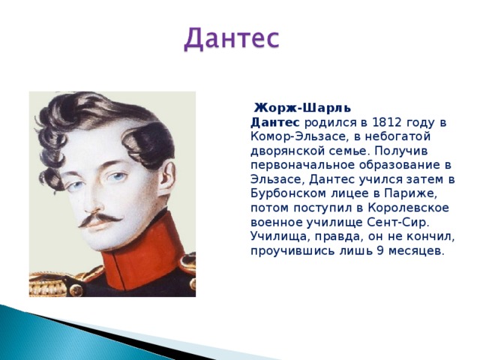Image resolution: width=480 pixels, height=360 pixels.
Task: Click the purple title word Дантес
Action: pos(232,39)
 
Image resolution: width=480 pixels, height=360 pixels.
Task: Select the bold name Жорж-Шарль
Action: pos(303,108)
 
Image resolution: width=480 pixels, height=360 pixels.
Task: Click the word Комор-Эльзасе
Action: pos(298,136)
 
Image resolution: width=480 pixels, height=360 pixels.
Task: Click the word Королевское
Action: pos(408,208)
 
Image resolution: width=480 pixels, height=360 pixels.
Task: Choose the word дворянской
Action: pos(286,151)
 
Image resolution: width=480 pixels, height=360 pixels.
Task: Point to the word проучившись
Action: pos(292,251)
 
